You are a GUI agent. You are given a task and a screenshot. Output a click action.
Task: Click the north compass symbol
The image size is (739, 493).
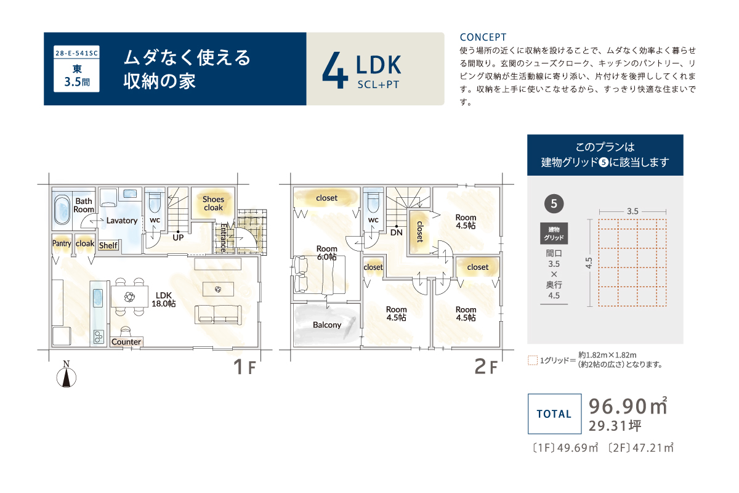pyautogui.click(x=67, y=375)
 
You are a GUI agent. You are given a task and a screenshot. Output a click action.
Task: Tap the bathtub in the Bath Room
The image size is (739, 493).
pyautogui.click(x=62, y=210)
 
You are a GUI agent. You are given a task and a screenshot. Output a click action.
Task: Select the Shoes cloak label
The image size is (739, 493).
pyautogui.click(x=213, y=203)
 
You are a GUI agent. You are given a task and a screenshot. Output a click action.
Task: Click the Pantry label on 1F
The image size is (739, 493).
pyautogui.click(x=62, y=243)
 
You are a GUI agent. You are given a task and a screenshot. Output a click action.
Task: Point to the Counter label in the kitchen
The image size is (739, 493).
pyautogui.click(x=126, y=342)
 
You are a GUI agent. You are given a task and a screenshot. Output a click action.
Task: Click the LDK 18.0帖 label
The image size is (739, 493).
pyautogui.click(x=164, y=299)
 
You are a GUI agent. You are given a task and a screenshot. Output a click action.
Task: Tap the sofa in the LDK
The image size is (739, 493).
pyautogui.click(x=218, y=315)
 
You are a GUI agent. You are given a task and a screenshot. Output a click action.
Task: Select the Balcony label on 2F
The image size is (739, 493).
pyautogui.click(x=327, y=325)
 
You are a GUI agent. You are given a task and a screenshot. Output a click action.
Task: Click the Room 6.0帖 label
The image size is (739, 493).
pyautogui.click(x=326, y=253)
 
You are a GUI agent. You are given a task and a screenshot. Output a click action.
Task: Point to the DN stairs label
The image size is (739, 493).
pyautogui.click(x=396, y=232)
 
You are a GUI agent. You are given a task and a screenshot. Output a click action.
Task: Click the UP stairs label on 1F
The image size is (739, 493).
pyautogui.click(x=178, y=237)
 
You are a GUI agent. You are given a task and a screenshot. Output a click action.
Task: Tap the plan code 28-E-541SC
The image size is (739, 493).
pyautogui.click(x=76, y=53)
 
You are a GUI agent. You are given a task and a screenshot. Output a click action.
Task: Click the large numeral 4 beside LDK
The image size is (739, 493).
pyautogui.click(x=335, y=70)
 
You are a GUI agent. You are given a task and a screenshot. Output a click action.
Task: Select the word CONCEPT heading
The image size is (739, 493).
pyautogui.click(x=483, y=38)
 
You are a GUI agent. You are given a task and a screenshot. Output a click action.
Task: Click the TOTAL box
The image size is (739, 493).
pyautogui.click(x=554, y=414)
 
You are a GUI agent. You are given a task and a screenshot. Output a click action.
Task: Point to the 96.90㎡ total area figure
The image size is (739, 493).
pyautogui.click(x=628, y=406)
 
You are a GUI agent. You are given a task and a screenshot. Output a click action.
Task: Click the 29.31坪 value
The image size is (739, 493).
pyautogui.click(x=615, y=426)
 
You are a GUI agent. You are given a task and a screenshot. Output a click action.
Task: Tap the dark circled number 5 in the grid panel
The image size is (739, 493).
pyautogui.click(x=554, y=204)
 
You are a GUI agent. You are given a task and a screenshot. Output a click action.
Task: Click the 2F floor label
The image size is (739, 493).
pyautogui.click(x=486, y=367)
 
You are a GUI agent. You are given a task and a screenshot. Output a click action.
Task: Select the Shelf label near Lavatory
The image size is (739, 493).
pyautogui.click(x=108, y=245)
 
